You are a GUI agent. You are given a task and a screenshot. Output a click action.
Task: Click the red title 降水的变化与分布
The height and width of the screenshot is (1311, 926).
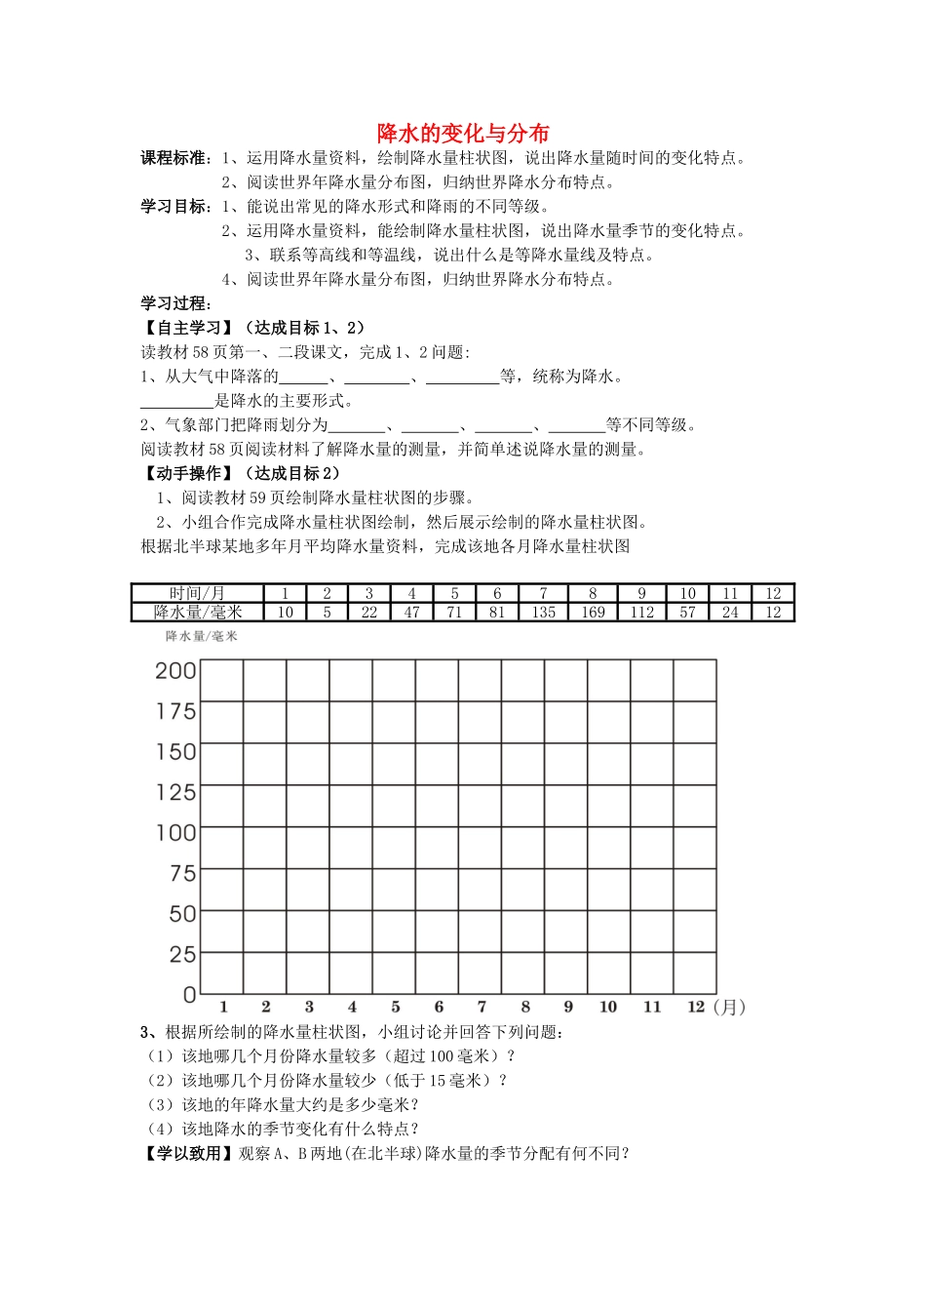pos(463,134)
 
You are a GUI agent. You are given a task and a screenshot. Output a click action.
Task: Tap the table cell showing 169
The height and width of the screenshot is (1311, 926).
pos(593,613)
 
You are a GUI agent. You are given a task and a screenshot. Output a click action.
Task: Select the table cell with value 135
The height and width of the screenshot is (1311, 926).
pos(543,613)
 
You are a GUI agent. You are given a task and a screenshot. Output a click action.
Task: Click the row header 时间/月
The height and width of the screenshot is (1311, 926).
pos(197,593)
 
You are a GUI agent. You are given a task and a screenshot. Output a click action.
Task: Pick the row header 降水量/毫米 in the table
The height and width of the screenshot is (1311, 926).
pos(197,613)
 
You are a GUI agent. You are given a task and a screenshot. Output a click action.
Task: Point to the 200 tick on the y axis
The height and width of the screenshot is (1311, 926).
pos(175,671)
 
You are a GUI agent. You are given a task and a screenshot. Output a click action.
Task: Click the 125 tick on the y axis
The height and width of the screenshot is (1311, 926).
pos(175,792)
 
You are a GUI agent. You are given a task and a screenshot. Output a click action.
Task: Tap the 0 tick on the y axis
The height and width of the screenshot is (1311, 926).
pos(189,995)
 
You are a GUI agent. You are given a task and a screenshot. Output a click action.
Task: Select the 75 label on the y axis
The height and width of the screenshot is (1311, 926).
pos(182,874)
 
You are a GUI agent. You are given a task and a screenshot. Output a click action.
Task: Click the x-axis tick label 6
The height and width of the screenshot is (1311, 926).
pos(439,1007)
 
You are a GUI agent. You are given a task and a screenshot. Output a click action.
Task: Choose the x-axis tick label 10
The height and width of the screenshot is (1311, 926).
pos(608,1007)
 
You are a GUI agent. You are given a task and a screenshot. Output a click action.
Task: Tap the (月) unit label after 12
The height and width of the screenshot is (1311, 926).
pos(729,1007)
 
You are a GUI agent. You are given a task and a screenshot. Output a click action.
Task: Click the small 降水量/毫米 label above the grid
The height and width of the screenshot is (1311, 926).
pos(201,636)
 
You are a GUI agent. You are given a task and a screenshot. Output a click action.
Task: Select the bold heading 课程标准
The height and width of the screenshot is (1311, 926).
pos(175,158)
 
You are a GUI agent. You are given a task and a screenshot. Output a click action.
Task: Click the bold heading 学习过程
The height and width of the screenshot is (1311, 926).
pos(175,303)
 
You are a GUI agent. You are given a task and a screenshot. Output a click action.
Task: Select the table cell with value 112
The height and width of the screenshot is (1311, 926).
pos(641,613)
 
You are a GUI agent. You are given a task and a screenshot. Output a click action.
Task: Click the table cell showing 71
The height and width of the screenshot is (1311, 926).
pos(454,613)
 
